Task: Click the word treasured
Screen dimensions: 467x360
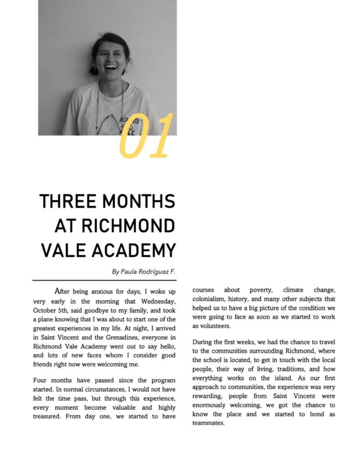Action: (x=49, y=416)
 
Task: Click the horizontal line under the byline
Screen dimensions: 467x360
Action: (x=104, y=280)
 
